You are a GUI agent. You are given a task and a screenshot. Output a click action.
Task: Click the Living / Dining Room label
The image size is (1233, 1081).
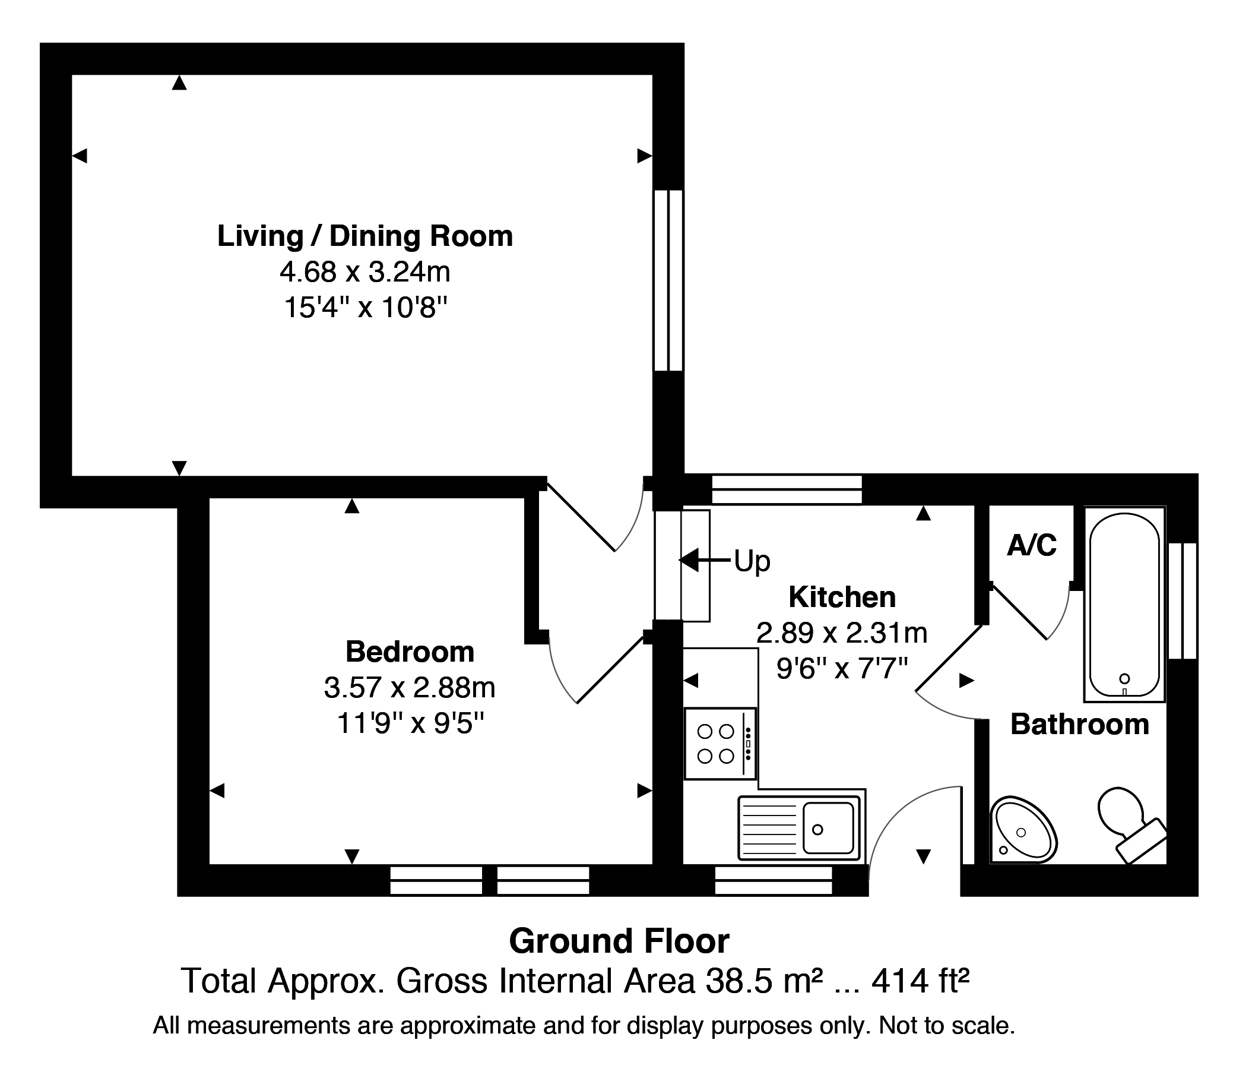point(364,236)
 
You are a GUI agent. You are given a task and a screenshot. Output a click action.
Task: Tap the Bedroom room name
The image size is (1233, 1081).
point(410,652)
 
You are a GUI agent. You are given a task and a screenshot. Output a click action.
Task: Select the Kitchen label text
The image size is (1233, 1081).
point(842,597)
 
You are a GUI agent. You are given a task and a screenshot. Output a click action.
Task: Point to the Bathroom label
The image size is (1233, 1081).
point(1080,724)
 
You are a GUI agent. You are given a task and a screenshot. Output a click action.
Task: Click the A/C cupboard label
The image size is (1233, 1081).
point(1032,545)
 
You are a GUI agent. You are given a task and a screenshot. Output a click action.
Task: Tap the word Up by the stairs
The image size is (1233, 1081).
point(752,562)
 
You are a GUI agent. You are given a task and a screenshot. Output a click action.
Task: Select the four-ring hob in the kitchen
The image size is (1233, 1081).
point(720,743)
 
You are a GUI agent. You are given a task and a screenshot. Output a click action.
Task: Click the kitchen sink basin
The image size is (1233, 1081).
point(828,827)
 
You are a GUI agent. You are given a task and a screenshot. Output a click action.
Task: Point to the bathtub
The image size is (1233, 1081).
point(1124,604)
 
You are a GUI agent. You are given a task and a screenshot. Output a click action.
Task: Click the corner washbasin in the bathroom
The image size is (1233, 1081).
point(1023,829)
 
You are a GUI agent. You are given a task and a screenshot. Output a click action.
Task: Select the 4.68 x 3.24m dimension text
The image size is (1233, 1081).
point(364,272)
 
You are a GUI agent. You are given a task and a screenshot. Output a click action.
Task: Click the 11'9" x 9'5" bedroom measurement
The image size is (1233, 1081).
point(410,723)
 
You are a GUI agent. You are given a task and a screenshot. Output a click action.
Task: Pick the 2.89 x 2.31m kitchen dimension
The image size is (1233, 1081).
point(842,633)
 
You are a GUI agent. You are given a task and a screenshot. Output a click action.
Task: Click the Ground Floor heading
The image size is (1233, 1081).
point(619,941)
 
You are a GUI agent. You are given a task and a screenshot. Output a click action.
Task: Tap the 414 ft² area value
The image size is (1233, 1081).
point(920,981)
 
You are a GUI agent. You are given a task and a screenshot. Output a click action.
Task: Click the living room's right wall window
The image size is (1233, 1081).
point(668,280)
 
